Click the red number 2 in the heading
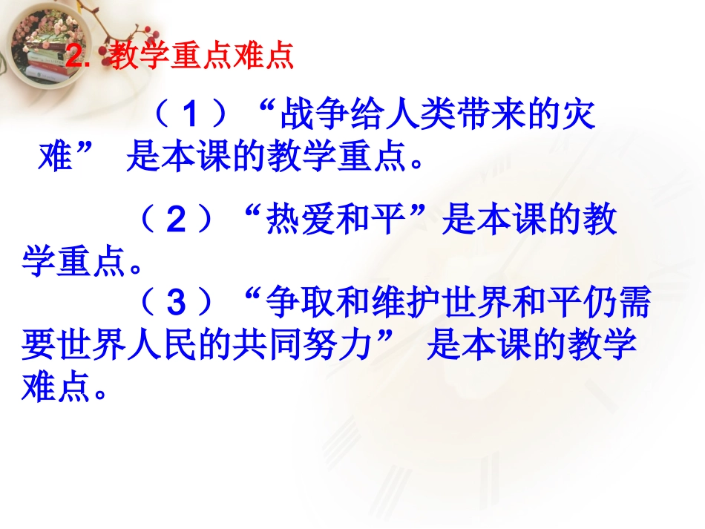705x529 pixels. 73,58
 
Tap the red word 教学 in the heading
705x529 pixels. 137,57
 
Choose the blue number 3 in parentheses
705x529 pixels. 175,303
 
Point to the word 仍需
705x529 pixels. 615,303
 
